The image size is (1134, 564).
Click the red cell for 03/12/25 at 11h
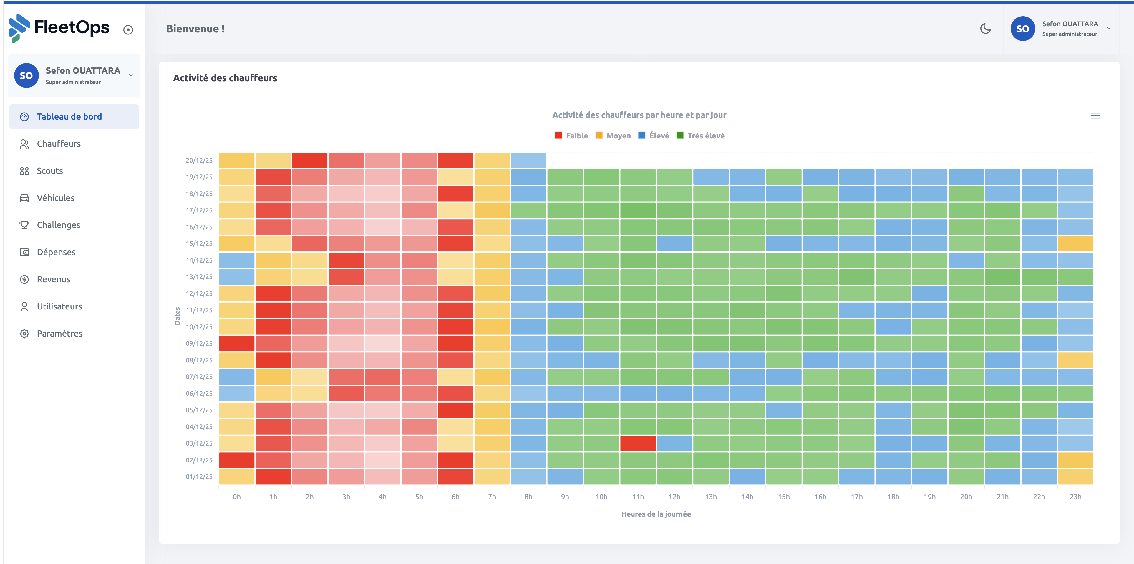pos(637,443)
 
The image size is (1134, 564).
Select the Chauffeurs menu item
pos(59,144)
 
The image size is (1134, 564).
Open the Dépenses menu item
pos(56,252)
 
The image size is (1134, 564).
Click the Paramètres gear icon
pos(24,334)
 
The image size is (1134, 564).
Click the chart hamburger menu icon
pos(1095,116)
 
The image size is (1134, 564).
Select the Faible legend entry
pos(571,136)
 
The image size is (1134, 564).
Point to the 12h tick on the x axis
pos(674,497)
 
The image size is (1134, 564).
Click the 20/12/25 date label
pos(199,160)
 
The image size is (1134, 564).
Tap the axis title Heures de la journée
pos(656,514)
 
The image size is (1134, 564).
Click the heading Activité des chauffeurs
pos(225,78)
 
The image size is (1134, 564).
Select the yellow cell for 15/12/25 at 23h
pos(1075,244)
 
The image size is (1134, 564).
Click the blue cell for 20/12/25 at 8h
pos(528,160)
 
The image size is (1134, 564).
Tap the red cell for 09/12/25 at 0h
pos(237,344)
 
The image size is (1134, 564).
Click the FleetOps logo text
pos(72,27)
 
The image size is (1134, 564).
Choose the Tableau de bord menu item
pos(69,117)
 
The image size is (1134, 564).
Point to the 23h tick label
pos(1075,497)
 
